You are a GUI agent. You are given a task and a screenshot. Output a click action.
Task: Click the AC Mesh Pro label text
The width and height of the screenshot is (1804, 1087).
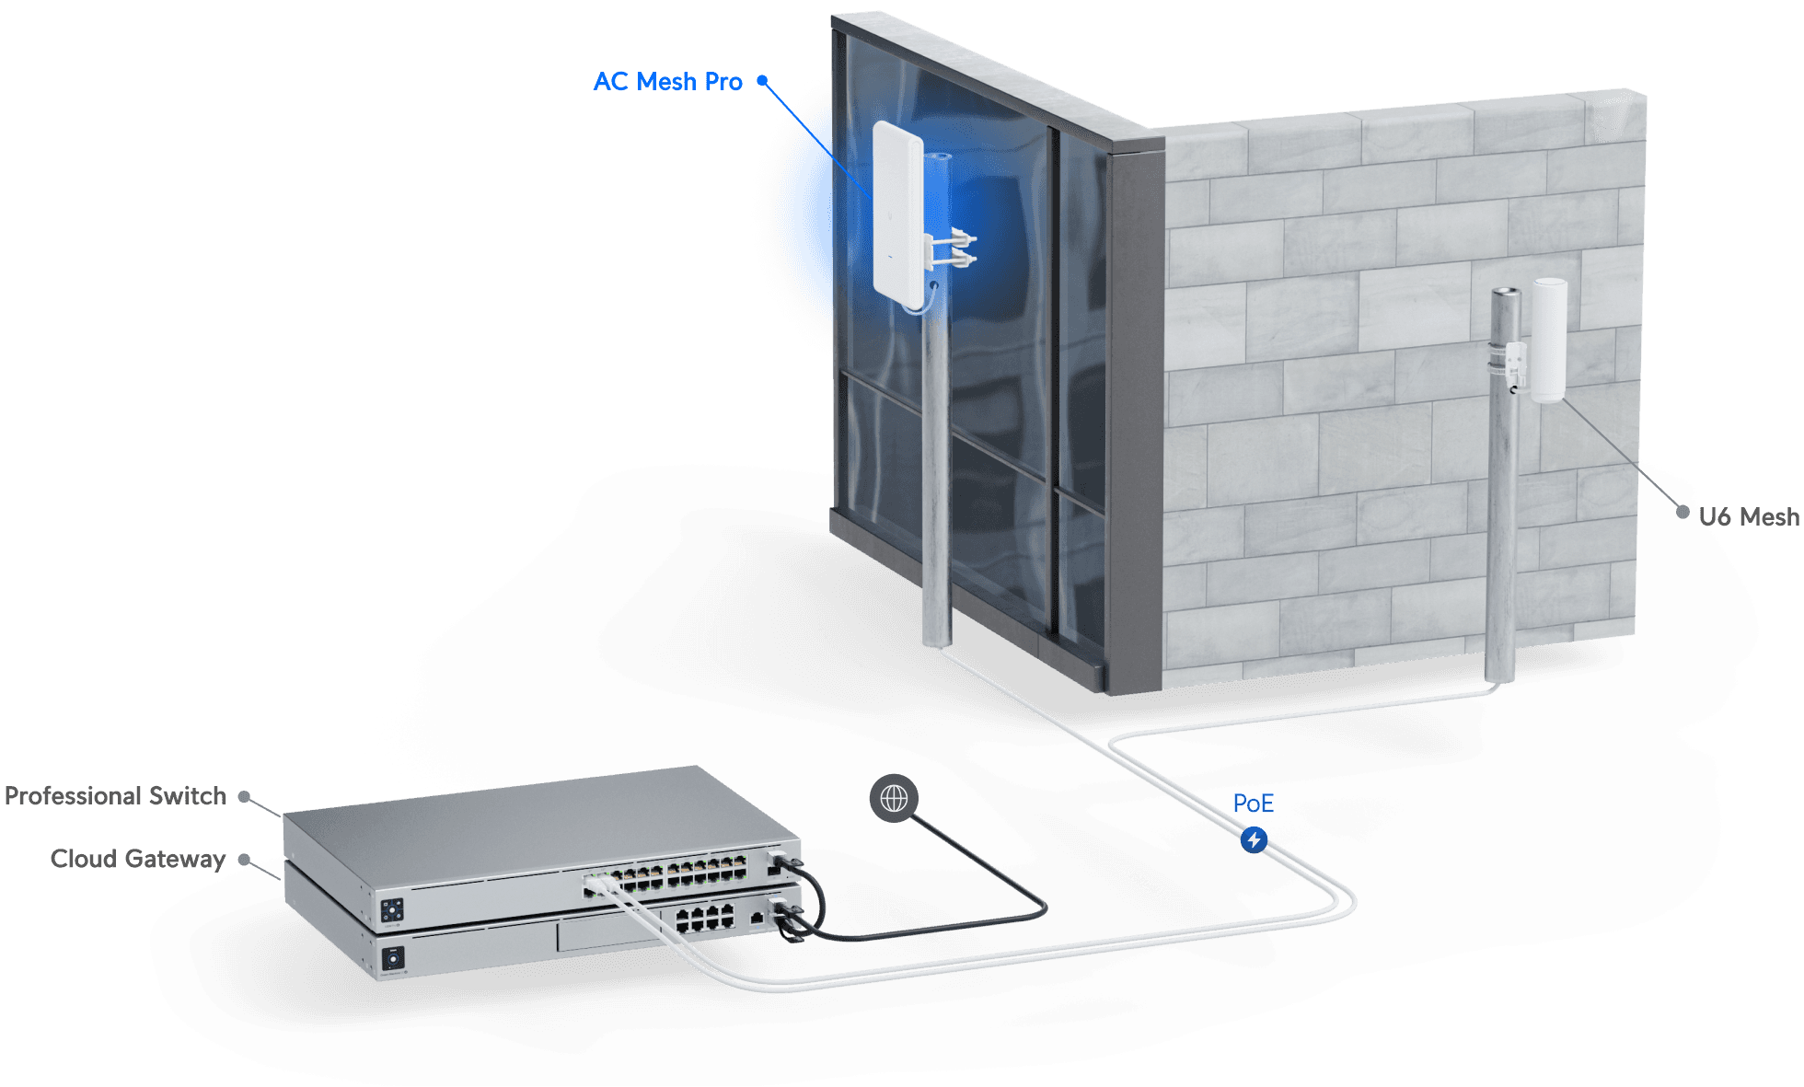667,82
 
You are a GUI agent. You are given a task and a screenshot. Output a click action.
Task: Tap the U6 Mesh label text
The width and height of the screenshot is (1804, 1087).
1748,516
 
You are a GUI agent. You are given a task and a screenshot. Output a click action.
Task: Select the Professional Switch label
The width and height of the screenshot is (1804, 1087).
116,796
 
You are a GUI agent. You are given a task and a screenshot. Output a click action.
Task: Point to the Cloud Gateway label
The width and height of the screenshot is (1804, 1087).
138,859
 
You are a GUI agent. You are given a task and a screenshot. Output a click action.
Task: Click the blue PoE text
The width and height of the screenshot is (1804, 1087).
1253,804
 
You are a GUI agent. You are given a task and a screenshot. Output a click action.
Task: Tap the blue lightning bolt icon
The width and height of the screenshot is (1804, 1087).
1254,839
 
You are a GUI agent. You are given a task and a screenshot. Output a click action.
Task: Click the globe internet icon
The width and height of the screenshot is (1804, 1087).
894,798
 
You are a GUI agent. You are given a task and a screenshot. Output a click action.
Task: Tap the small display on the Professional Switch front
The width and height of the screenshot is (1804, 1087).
391,909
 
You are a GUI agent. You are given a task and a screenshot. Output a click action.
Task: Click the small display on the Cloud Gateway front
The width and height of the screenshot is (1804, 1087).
393,958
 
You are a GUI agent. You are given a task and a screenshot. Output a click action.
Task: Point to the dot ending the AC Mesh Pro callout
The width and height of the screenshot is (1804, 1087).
762,81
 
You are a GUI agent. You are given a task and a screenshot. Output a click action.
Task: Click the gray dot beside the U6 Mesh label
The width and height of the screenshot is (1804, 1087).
1683,512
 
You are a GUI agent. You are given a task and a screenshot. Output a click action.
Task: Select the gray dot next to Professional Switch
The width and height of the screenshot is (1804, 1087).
245,796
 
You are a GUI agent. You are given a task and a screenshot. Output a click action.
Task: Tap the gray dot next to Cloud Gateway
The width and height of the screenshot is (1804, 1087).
245,860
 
